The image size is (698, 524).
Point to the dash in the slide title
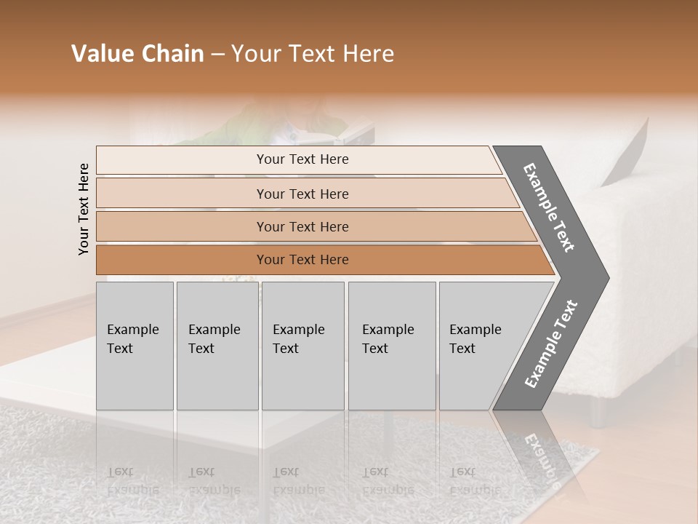pos(217,55)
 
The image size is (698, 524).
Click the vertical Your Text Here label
pos(84,209)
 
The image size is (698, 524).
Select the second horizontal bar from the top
pos(302,194)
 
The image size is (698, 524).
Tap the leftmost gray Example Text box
pos(135,346)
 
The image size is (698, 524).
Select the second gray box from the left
pos(217,346)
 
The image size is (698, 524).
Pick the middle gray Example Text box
pos(302,346)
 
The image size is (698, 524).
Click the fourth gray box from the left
pos(392,346)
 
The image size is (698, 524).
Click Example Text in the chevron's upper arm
pos(549,207)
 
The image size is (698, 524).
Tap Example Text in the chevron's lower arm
pos(550,344)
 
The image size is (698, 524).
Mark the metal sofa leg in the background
pos(598,412)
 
